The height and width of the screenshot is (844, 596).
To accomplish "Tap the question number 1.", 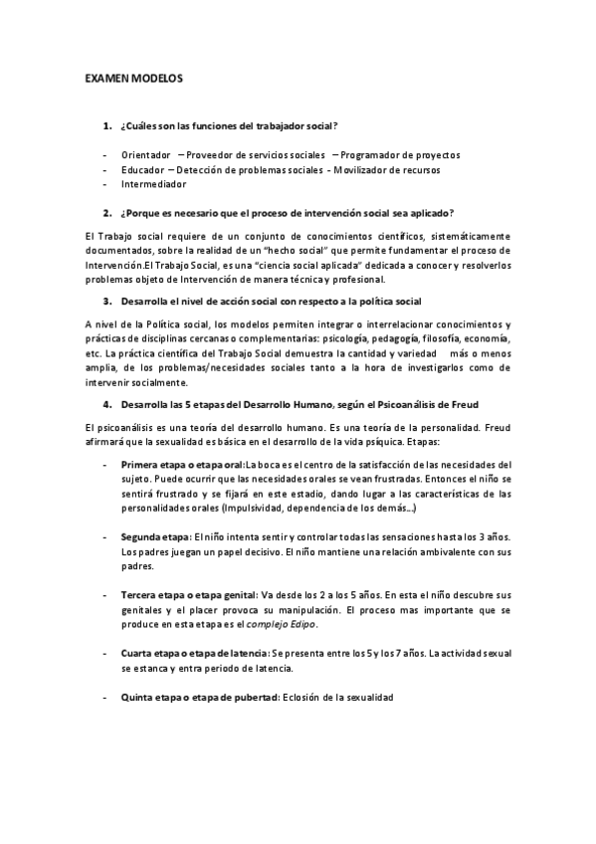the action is pyautogui.click(x=106, y=125).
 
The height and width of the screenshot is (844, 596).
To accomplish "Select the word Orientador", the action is pyautogui.click(x=145, y=155).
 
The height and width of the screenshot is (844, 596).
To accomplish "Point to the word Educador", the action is pyautogui.click(x=141, y=170).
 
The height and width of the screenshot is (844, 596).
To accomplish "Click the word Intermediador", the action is pyautogui.click(x=153, y=184).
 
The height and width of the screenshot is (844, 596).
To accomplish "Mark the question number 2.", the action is pyautogui.click(x=106, y=212).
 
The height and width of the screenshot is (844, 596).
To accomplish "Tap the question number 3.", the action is pyautogui.click(x=106, y=301).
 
